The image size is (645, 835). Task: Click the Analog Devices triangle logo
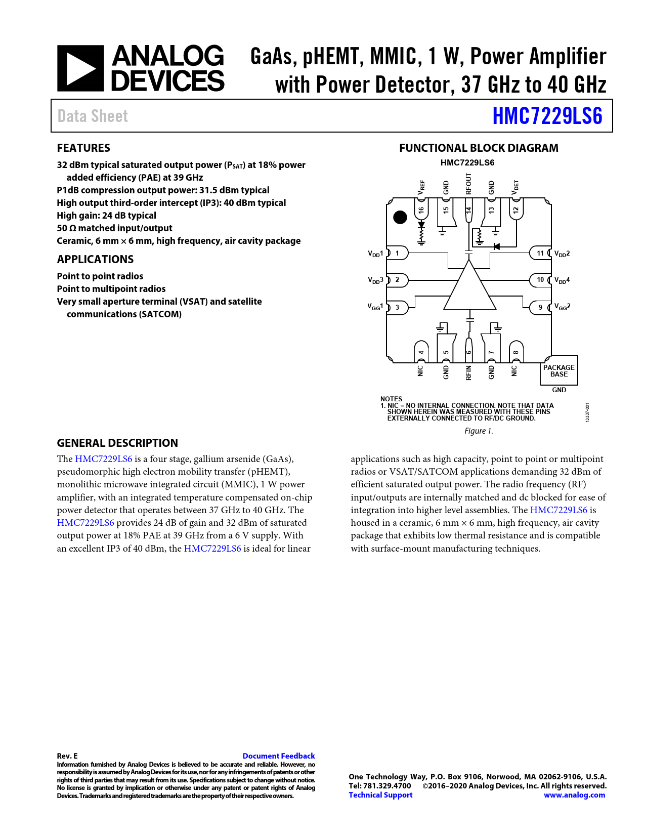pos(80,68)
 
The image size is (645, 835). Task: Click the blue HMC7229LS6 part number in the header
pos(547,116)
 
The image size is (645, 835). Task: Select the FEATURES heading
pos(83,148)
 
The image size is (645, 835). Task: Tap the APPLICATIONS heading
pos(95,259)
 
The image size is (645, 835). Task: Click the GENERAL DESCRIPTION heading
pos(117,443)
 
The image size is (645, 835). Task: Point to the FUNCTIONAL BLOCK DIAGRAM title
pos(479,148)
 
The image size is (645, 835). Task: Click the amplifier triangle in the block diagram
pos(469,288)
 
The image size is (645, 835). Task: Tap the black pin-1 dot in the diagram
pos(400,217)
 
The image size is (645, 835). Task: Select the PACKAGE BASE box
pos(559,371)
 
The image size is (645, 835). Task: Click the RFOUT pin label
pos(469,184)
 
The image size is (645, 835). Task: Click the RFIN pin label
pos(469,372)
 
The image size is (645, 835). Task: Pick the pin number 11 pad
pos(540,253)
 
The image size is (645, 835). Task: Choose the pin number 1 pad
pos(398,253)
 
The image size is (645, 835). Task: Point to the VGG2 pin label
pos(562,307)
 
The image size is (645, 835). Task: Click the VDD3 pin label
pos(375,280)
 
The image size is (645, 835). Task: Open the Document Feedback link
pos(279,756)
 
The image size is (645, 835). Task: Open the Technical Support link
pos(380,795)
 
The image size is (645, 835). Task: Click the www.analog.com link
pos(574,795)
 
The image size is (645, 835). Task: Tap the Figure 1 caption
pos(479,431)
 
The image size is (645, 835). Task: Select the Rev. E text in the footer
pos(67,756)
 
